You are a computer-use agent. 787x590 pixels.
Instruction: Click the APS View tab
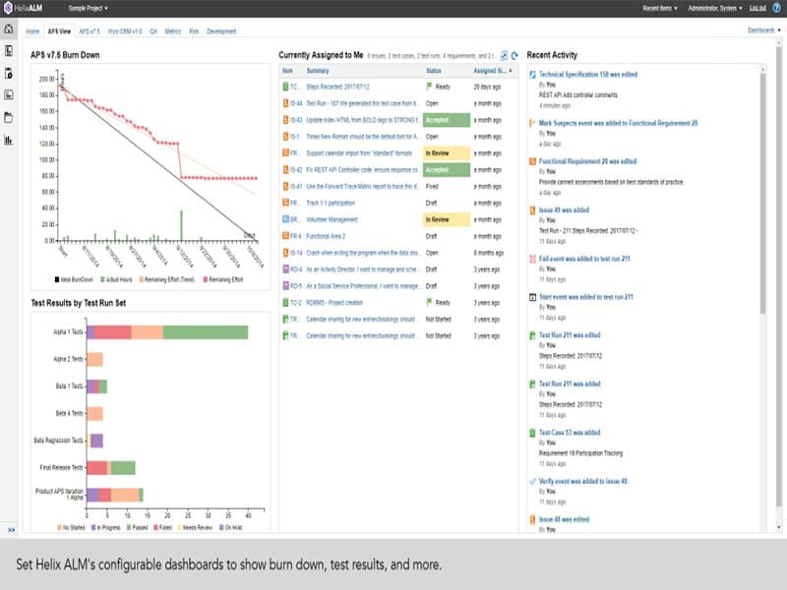[59, 31]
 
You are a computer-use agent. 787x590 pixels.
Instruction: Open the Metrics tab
[173, 31]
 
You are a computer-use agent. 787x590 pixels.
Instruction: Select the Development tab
[221, 31]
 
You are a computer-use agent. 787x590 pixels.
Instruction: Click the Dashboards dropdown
[763, 31]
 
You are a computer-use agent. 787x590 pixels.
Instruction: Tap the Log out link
[757, 7]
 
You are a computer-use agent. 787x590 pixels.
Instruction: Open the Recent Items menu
[659, 7]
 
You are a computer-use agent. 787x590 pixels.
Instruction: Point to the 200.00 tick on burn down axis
[43, 78]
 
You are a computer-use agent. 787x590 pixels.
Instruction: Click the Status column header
[434, 71]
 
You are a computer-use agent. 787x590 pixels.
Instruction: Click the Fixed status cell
[433, 186]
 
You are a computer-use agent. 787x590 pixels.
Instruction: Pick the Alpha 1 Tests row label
[69, 332]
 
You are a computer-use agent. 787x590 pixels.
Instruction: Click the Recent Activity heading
[552, 55]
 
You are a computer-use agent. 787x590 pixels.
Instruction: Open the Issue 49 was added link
[565, 209]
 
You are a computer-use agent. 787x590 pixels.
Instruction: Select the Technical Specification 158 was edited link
[588, 75]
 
